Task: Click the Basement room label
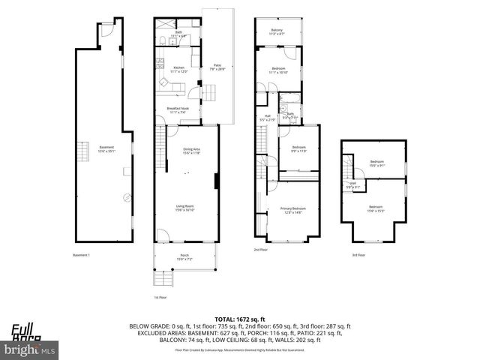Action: click(106, 148)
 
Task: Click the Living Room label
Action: click(185, 208)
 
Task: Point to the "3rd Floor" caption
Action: click(359, 255)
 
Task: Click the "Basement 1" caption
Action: click(81, 255)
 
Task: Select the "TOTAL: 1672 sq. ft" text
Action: click(239, 319)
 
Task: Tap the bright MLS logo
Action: click(30, 349)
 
